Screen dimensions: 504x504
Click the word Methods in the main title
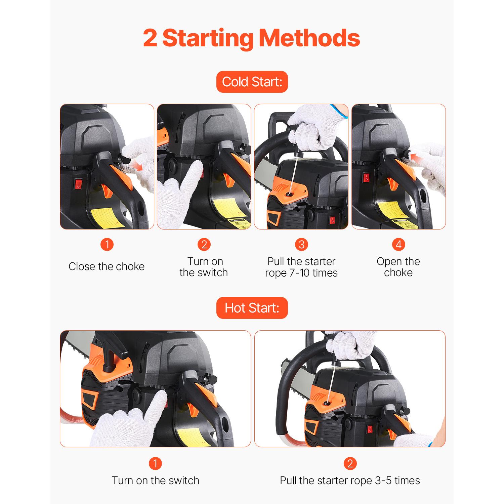pyautogui.click(x=309, y=38)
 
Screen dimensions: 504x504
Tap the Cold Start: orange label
pyautogui.click(x=252, y=82)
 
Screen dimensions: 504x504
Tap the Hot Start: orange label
pyautogui.click(x=252, y=308)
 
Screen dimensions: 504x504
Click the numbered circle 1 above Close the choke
pyautogui.click(x=107, y=244)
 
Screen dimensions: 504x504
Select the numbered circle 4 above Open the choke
pyautogui.click(x=398, y=244)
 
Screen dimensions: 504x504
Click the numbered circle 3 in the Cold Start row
pyautogui.click(x=301, y=244)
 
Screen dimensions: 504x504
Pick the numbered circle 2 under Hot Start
pyautogui.click(x=350, y=464)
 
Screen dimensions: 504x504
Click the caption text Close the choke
pyautogui.click(x=107, y=266)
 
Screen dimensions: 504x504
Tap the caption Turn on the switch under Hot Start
pyautogui.click(x=155, y=480)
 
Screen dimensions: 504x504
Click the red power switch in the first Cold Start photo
pyautogui.click(x=78, y=184)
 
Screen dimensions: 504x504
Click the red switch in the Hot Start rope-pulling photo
pyautogui.click(x=370, y=429)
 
